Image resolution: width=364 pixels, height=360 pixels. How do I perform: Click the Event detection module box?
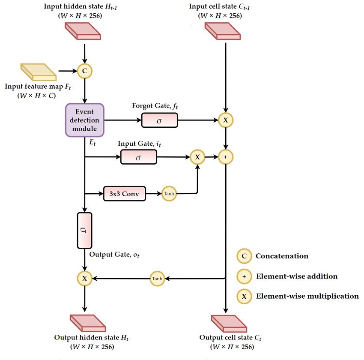(84, 120)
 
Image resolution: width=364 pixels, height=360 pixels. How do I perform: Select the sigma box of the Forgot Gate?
(159, 120)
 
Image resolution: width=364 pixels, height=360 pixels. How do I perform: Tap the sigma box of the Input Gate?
(139, 157)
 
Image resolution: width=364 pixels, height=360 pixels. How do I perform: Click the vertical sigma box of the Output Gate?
(84, 231)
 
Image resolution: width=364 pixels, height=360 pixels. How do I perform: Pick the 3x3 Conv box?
(125, 193)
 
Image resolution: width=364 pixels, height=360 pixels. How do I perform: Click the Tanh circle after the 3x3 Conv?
(169, 193)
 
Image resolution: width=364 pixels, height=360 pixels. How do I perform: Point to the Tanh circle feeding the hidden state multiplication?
(157, 278)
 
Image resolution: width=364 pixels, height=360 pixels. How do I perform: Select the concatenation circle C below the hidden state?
(84, 71)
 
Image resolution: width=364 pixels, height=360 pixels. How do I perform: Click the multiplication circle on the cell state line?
(225, 120)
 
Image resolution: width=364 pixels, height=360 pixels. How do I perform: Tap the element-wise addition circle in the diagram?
(225, 157)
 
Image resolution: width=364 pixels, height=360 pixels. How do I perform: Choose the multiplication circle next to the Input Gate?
(197, 157)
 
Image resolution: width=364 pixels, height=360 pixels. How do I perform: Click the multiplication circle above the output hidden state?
(84, 278)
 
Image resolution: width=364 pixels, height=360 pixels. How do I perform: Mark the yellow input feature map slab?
(39, 72)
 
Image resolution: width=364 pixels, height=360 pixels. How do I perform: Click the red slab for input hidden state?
(83, 31)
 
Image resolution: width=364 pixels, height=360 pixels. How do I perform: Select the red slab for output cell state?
(229, 324)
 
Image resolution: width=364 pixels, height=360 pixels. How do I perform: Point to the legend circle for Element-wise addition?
(244, 276)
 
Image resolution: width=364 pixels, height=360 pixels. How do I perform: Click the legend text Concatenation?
(282, 256)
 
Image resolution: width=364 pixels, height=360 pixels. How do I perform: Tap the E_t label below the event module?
(92, 142)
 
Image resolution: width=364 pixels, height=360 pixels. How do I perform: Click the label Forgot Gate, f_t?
(155, 106)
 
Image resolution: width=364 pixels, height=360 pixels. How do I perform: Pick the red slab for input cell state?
(222, 31)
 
